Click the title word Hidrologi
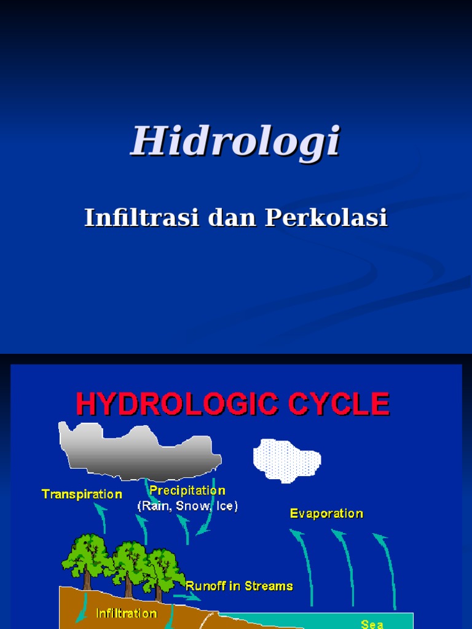(x=235, y=141)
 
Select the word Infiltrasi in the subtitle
(x=141, y=217)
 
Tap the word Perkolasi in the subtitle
(x=326, y=217)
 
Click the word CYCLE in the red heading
(x=349, y=405)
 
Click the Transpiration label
(x=82, y=494)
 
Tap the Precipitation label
(x=187, y=491)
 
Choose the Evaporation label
(x=326, y=514)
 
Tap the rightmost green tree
(x=161, y=568)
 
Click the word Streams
(x=269, y=586)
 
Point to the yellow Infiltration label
(x=127, y=613)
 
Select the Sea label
(x=372, y=624)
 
